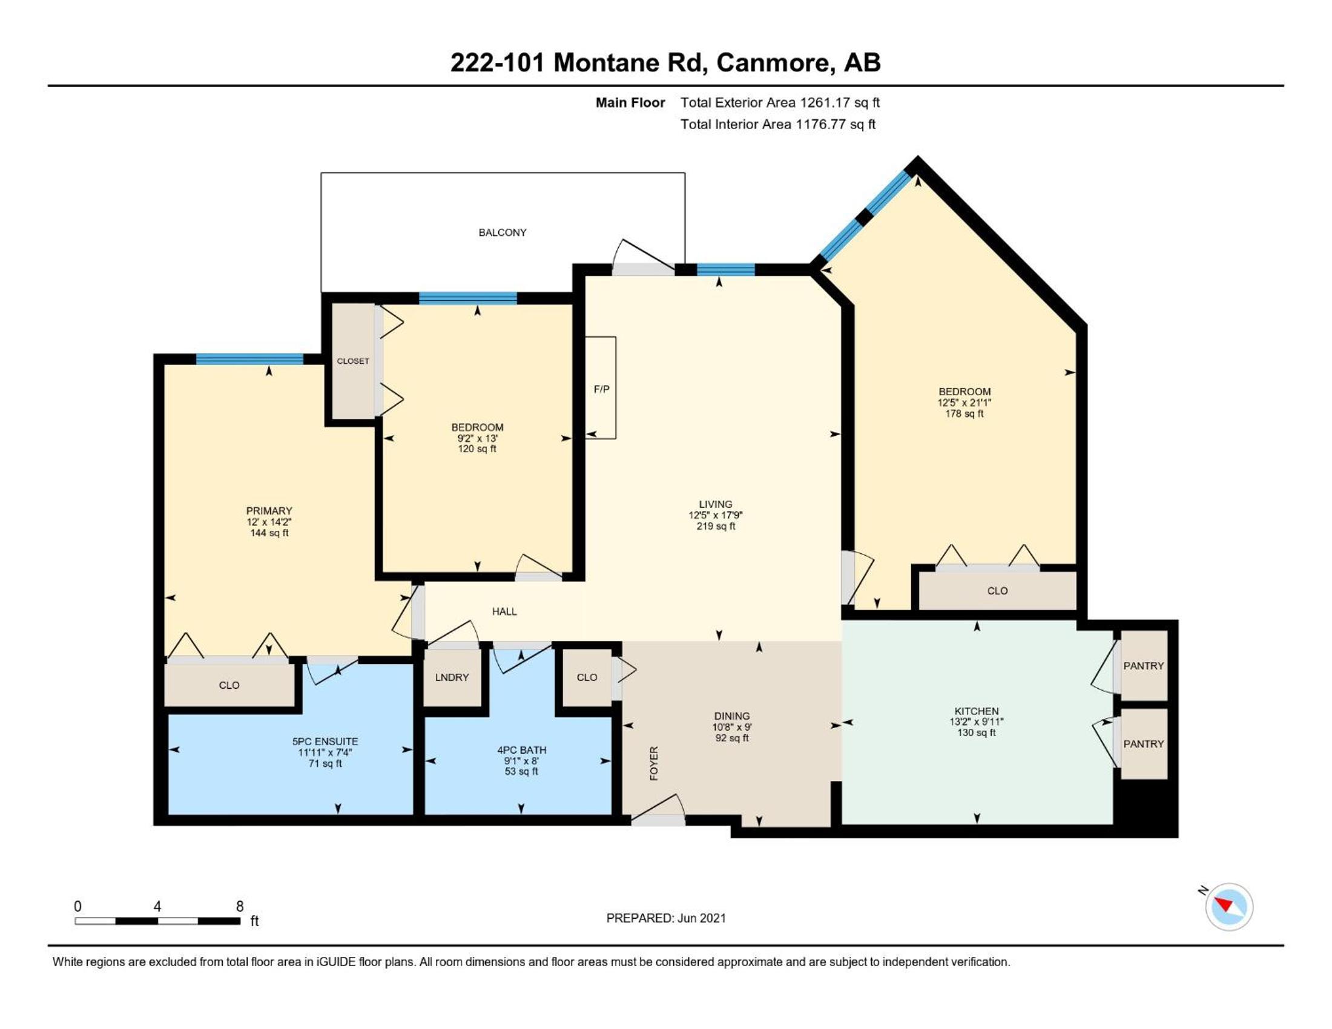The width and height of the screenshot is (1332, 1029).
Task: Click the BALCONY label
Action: (502, 232)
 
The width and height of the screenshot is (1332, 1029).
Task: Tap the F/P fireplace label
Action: (601, 389)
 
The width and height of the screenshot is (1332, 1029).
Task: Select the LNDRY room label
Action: (452, 677)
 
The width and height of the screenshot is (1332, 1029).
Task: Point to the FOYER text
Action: (654, 763)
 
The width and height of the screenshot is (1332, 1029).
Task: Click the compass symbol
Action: (1229, 907)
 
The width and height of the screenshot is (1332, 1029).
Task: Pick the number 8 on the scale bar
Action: (240, 907)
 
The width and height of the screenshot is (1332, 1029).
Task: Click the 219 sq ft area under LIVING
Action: (716, 526)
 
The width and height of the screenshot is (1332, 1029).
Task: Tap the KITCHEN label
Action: (977, 711)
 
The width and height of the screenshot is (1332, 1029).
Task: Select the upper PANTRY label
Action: (1144, 666)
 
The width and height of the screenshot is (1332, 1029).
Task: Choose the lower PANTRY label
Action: (1144, 744)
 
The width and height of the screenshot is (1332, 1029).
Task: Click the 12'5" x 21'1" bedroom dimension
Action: (964, 403)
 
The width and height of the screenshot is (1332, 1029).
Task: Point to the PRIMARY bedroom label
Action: (269, 511)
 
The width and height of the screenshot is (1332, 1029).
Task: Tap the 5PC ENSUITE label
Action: (325, 741)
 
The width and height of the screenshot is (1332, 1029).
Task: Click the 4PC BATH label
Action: (521, 750)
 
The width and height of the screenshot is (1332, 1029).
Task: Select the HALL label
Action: (504, 611)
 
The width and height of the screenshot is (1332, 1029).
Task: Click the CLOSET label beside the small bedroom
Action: (353, 361)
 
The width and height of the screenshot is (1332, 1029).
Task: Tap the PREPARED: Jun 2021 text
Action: (666, 918)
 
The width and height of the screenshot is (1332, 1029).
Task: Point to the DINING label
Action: (732, 715)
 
